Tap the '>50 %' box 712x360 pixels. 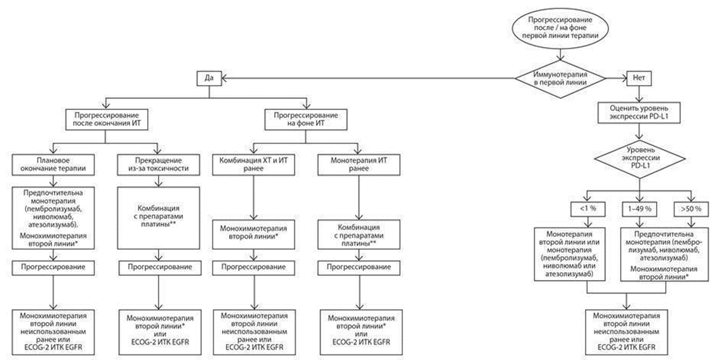[689, 208]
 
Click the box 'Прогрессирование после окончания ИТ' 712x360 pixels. [107, 120]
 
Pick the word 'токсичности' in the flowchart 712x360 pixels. [156, 169]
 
